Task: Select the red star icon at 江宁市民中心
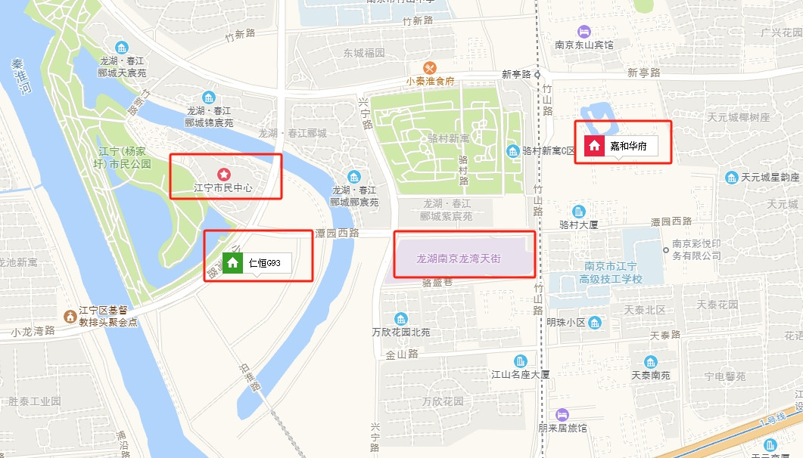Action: click(x=223, y=175)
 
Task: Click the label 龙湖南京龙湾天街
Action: click(x=459, y=258)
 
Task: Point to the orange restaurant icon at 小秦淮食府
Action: click(x=430, y=67)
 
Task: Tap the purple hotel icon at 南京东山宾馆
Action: click(x=584, y=31)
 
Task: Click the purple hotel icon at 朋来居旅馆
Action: click(x=562, y=414)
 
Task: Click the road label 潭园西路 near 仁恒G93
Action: click(x=338, y=234)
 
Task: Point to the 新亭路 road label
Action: click(x=643, y=73)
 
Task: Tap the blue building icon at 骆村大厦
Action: click(x=579, y=211)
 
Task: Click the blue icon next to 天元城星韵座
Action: click(x=731, y=178)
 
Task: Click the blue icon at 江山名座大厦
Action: click(x=520, y=361)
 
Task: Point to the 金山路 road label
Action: click(x=402, y=354)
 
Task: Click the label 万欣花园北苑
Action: click(x=400, y=332)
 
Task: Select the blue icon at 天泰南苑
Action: click(x=650, y=361)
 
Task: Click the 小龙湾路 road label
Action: click(x=33, y=331)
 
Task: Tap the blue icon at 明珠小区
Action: click(x=596, y=323)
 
